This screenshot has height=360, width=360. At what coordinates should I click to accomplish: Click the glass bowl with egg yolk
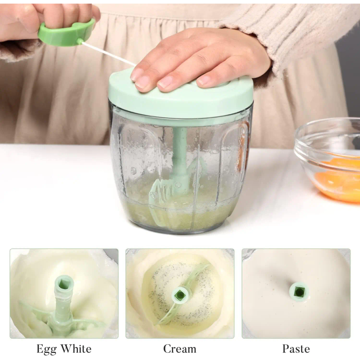coord(329,161)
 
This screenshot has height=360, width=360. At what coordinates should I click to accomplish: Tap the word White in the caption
coord(77,348)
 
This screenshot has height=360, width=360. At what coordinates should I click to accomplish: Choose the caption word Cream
coord(180,348)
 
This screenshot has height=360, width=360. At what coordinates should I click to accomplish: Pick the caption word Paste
coord(296,348)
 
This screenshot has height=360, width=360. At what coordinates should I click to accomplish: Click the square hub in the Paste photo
coord(299,292)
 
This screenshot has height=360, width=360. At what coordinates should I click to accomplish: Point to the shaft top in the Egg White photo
coord(64,284)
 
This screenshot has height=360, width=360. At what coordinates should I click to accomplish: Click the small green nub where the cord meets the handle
coord(80,41)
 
